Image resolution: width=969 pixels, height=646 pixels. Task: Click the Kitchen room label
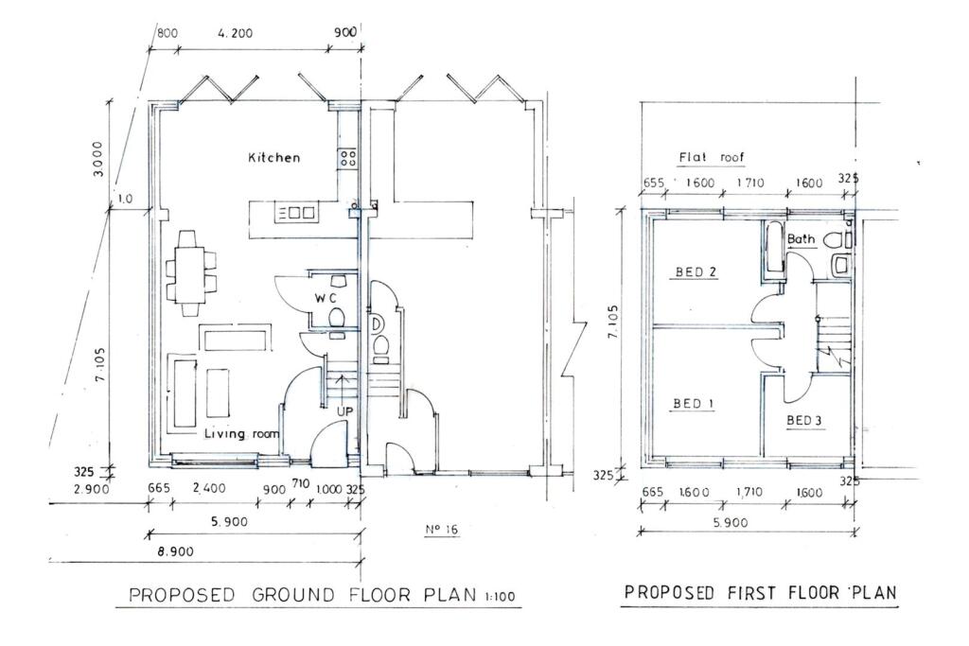tap(273, 158)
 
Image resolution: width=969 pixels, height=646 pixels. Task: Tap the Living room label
tap(243, 433)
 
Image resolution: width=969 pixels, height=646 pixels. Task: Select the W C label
tap(326, 298)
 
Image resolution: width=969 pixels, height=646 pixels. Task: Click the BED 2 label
tap(695, 273)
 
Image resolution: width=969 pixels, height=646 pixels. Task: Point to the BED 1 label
tap(693, 404)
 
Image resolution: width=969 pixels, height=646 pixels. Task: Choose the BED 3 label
tap(804, 420)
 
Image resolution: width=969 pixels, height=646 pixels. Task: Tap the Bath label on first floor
tap(801, 239)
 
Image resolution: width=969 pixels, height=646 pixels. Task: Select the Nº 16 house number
tap(441, 530)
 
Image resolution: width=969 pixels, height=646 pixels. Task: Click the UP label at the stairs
tap(344, 410)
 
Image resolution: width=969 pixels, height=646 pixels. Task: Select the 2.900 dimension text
tap(92, 489)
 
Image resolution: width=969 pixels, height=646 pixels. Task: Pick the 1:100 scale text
tap(502, 597)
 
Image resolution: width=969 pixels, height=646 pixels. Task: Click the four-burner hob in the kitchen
tap(347, 158)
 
